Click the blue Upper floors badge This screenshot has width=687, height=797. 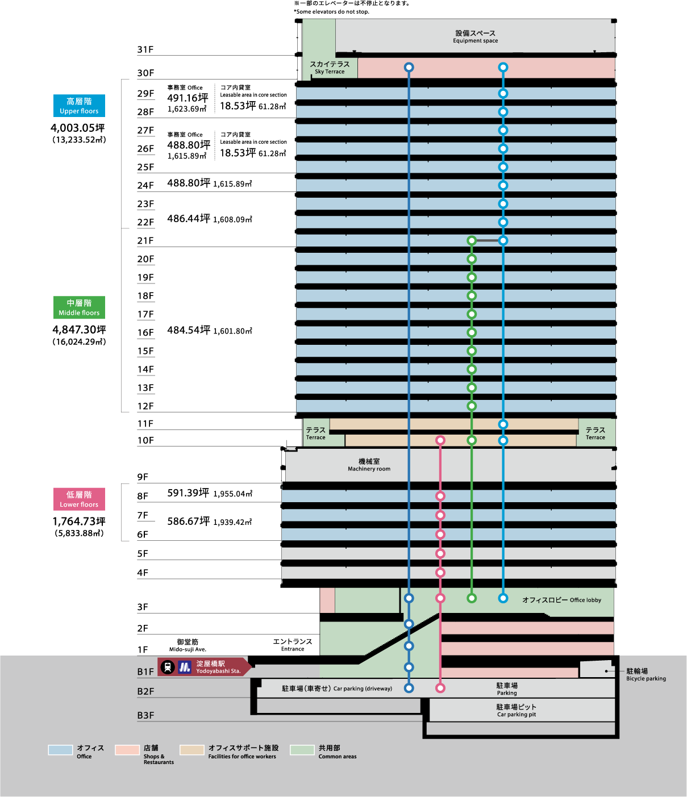(79, 106)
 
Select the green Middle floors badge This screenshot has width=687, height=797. (79, 307)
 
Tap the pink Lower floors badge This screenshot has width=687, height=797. (79, 499)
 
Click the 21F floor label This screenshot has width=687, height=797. (145, 241)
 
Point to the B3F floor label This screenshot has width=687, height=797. (146, 715)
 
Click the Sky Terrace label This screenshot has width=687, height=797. (330, 68)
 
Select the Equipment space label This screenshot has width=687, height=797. (475, 36)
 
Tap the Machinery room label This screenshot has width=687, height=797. (369, 465)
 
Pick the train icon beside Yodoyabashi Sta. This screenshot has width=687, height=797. (168, 667)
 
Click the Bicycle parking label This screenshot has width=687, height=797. (646, 674)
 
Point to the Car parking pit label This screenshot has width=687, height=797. (517, 710)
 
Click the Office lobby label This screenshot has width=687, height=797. (561, 600)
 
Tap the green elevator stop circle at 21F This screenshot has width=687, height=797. (472, 241)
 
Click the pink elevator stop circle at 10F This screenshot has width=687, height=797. (440, 440)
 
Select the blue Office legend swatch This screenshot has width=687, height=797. (60, 750)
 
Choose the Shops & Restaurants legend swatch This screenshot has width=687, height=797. (127, 750)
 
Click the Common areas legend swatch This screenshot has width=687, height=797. (302, 750)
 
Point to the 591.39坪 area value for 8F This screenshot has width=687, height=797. (188, 493)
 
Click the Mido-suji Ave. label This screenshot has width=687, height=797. (188, 645)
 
